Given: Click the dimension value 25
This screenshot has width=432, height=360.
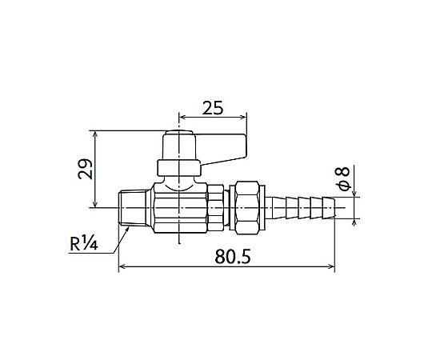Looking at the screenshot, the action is tap(213, 108).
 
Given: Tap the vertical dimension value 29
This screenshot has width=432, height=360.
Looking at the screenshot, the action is tap(85, 169).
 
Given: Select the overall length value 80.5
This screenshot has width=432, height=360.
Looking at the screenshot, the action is tap(233, 257).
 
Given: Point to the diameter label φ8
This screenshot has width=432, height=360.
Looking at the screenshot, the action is tap(342, 179).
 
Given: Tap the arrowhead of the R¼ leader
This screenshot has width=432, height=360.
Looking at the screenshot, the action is tap(127, 230).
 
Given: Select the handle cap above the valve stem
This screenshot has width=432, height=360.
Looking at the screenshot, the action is tap(179, 146).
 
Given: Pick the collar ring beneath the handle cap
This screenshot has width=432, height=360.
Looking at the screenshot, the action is tap(179, 168).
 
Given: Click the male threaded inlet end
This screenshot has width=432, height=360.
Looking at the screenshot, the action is tap(134, 208).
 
